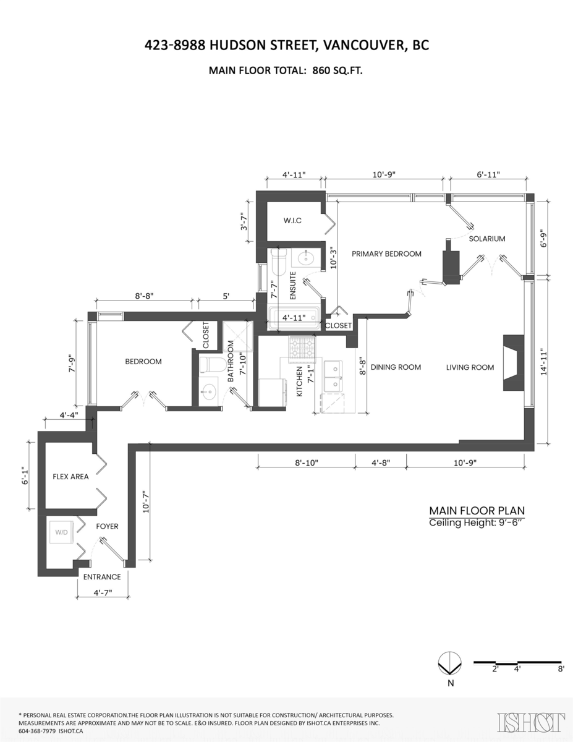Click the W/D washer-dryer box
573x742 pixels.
tap(61, 532)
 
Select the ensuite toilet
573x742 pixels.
tap(278, 262)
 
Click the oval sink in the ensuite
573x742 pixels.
tap(306, 258)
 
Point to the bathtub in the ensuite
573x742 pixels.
tap(294, 318)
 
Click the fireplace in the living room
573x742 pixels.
tap(514, 362)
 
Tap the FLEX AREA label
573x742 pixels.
tap(70, 476)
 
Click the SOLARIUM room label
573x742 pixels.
tap(486, 239)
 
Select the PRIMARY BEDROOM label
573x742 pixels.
tap(386, 254)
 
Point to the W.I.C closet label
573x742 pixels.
tap(292, 221)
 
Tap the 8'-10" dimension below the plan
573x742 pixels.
tap(306, 463)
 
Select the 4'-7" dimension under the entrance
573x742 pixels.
tap(103, 592)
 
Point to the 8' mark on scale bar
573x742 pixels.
tap(561, 669)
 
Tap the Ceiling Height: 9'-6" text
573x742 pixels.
tap(475, 522)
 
